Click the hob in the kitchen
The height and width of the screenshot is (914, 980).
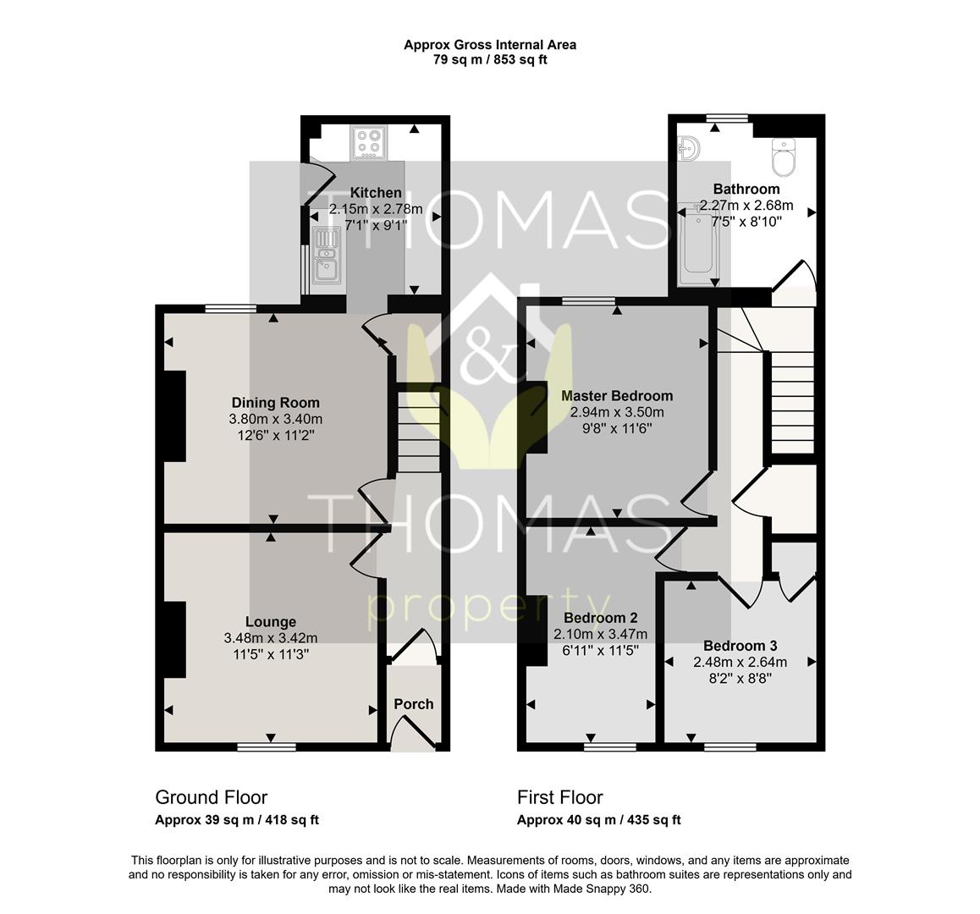click(x=368, y=142)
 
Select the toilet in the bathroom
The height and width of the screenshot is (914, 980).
click(x=783, y=157)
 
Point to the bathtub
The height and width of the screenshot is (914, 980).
click(x=696, y=245)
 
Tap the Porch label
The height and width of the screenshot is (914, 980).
click(x=413, y=704)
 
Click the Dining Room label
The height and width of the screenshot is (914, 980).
click(x=276, y=403)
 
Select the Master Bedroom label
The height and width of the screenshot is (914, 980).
click(x=617, y=396)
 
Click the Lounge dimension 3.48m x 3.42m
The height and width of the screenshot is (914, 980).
click(x=271, y=638)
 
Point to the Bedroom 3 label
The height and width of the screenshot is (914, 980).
click(x=740, y=646)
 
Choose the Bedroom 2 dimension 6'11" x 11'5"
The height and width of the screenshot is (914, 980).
click(x=600, y=651)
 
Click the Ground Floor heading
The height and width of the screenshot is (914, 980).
click(x=212, y=797)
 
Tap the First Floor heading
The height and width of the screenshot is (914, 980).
click(x=560, y=797)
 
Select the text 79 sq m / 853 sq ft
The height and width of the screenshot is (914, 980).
click(x=490, y=60)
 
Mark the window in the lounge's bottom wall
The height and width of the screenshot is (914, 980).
click(x=267, y=746)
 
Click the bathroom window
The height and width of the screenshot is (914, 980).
click(x=727, y=118)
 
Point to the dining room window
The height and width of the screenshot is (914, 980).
click(x=231, y=308)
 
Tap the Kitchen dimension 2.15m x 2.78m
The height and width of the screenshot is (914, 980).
click(x=376, y=209)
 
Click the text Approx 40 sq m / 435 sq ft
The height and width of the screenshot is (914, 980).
click(x=599, y=820)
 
